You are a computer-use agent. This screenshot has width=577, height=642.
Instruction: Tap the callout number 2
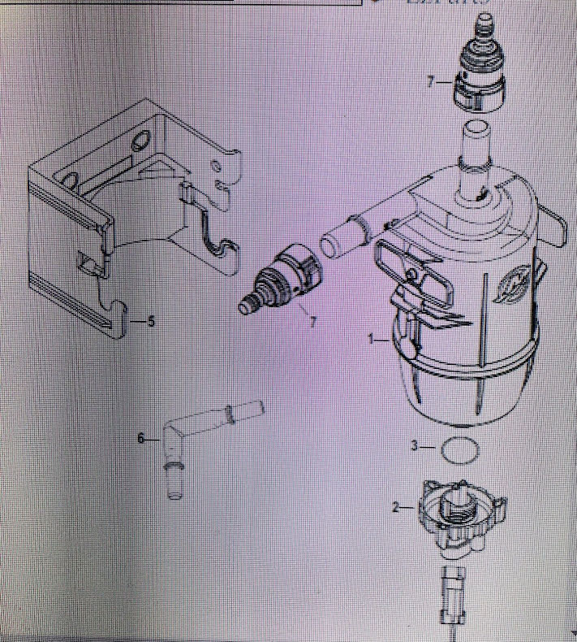tap(396, 507)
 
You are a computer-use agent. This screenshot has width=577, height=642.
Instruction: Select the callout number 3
tap(415, 446)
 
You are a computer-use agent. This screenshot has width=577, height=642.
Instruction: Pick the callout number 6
tap(141, 438)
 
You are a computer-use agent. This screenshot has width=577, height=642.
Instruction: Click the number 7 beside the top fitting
tap(431, 82)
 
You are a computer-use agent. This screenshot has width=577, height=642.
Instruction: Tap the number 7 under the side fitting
tap(312, 322)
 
